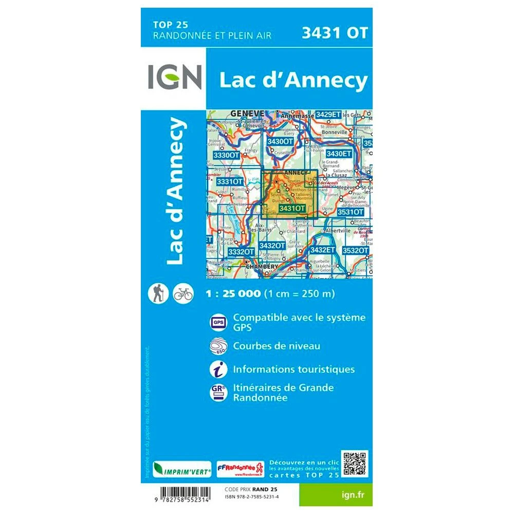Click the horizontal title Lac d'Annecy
293,80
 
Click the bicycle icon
183,293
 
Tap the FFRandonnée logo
240,469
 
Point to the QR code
355,464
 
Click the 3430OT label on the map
280,142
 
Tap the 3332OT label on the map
241,251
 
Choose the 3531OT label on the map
351,212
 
